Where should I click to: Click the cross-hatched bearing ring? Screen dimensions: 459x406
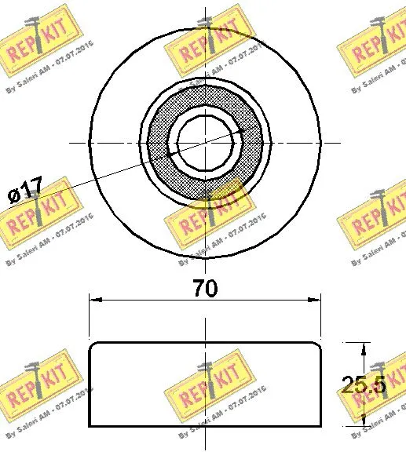160,143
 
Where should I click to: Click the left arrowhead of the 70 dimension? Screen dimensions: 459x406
93,299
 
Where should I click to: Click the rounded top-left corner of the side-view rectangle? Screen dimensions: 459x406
93,345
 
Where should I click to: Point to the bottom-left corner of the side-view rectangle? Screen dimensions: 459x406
90,426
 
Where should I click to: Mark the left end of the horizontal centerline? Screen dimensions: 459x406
71,143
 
